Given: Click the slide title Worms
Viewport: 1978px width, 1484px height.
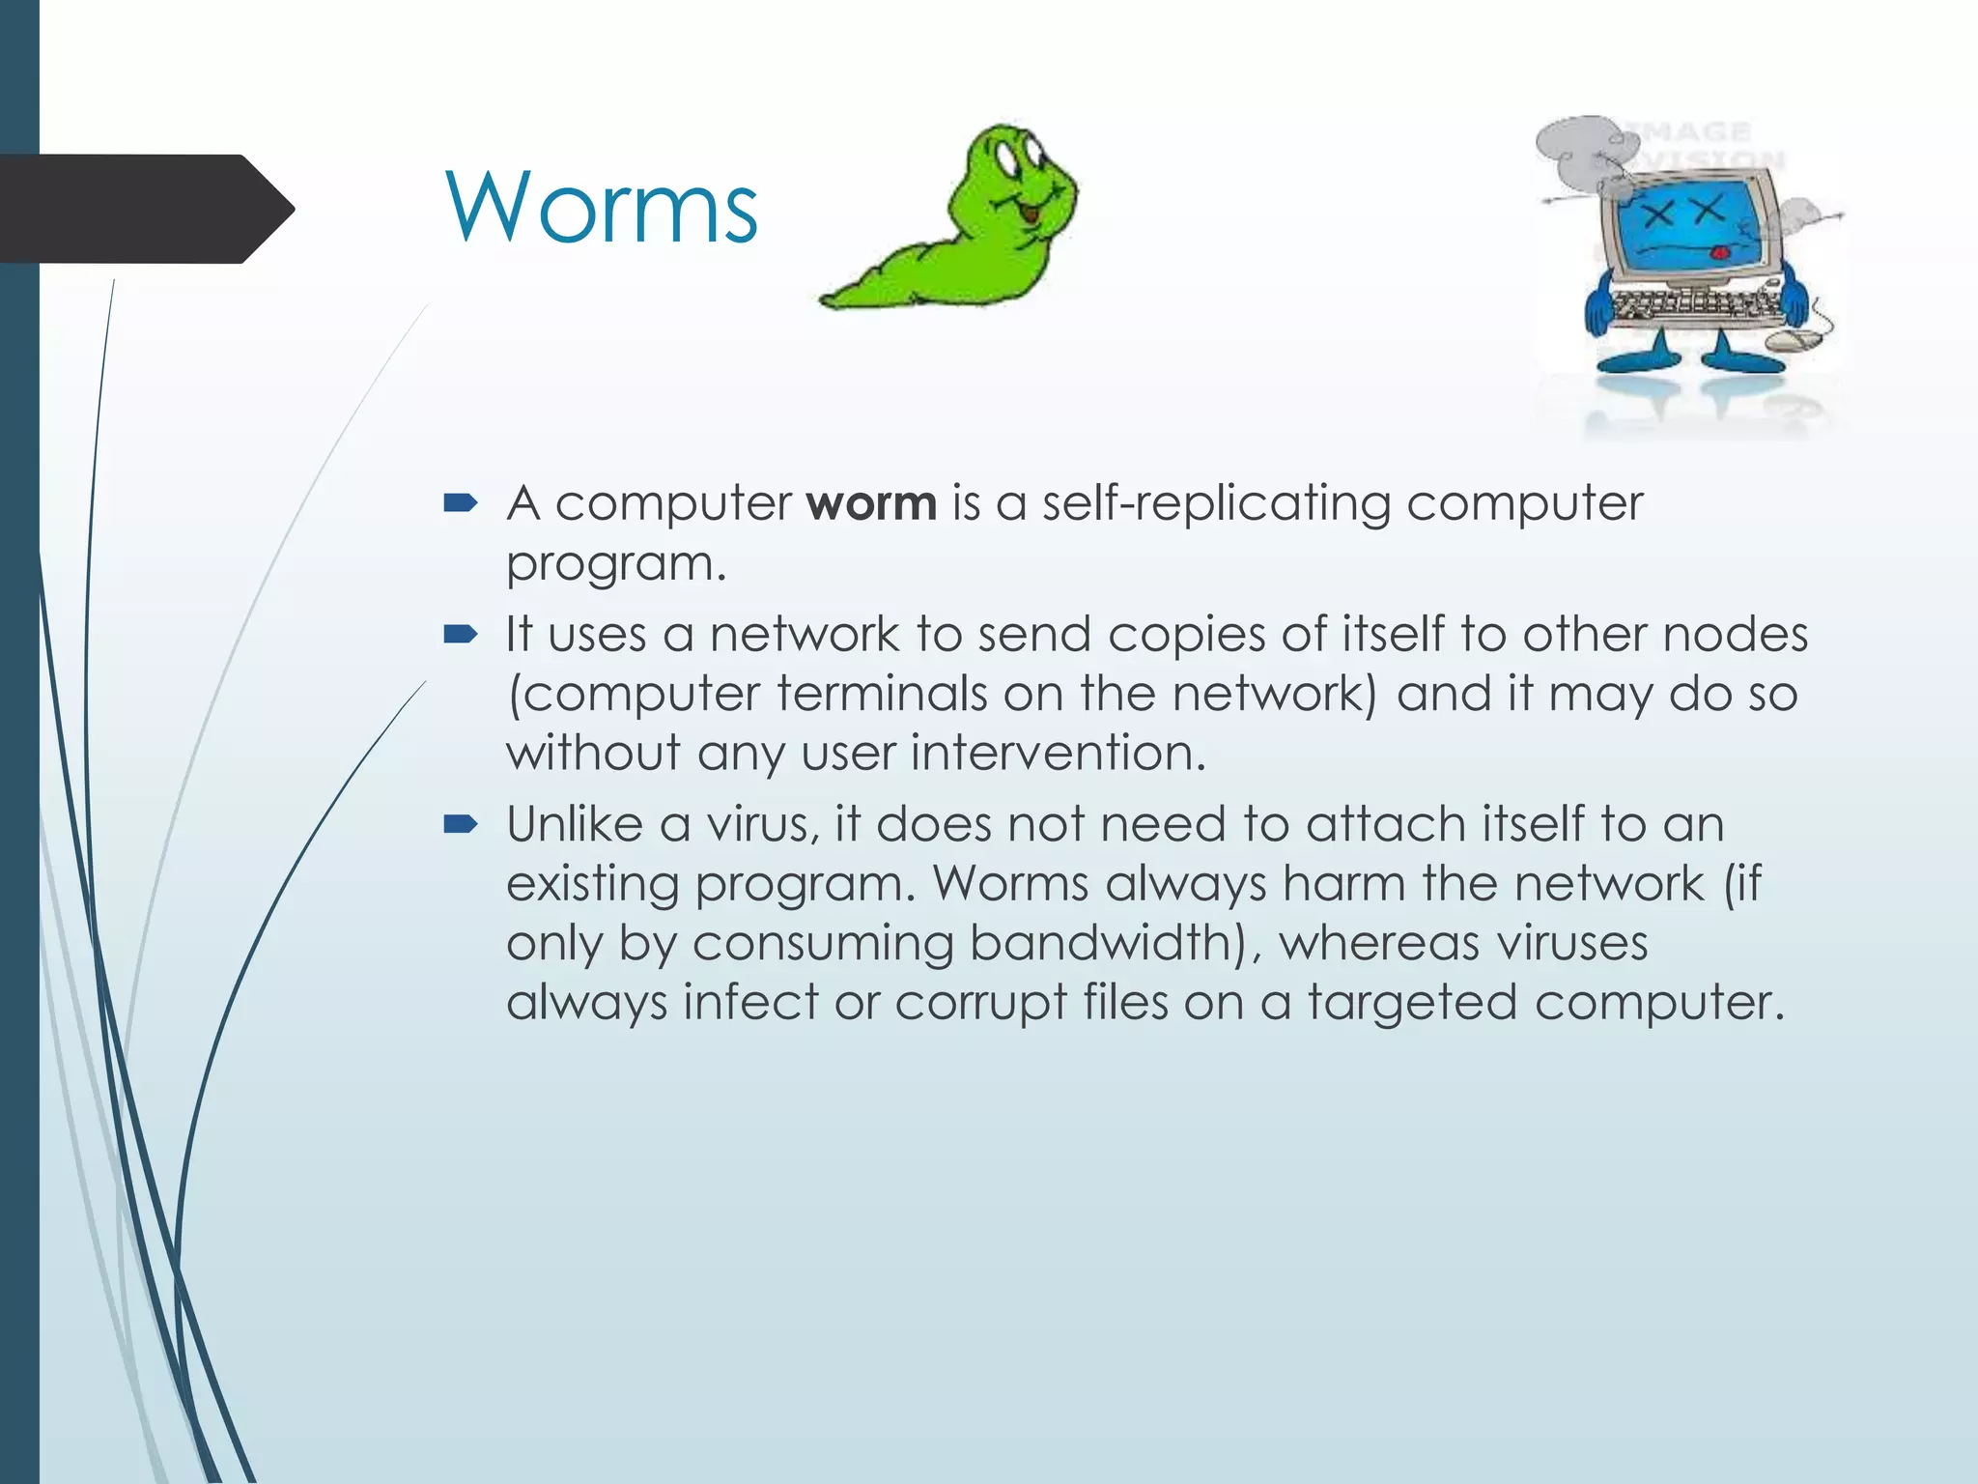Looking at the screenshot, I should coord(601,209).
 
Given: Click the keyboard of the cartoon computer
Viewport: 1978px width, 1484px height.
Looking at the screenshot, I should coord(1695,306).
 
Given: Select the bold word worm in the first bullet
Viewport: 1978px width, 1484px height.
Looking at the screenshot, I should coord(871,503).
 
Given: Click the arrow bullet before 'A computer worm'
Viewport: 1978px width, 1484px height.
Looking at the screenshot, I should coord(461,502).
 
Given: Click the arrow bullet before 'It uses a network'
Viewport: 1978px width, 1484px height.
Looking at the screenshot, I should coord(461,634).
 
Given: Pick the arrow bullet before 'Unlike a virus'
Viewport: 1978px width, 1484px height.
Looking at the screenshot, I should coord(461,824).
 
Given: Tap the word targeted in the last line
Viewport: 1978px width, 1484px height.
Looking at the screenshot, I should coord(1411,1002).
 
